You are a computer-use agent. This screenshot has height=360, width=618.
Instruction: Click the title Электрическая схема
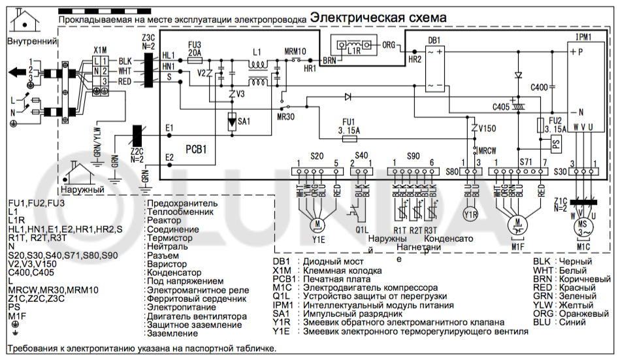click(x=378, y=17)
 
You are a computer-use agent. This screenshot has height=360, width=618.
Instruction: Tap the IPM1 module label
click(x=583, y=37)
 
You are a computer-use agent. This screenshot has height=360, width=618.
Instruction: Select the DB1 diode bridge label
click(x=434, y=41)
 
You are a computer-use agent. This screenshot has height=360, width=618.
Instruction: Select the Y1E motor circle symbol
click(x=317, y=225)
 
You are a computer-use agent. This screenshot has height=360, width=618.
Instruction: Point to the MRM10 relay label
click(x=295, y=51)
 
